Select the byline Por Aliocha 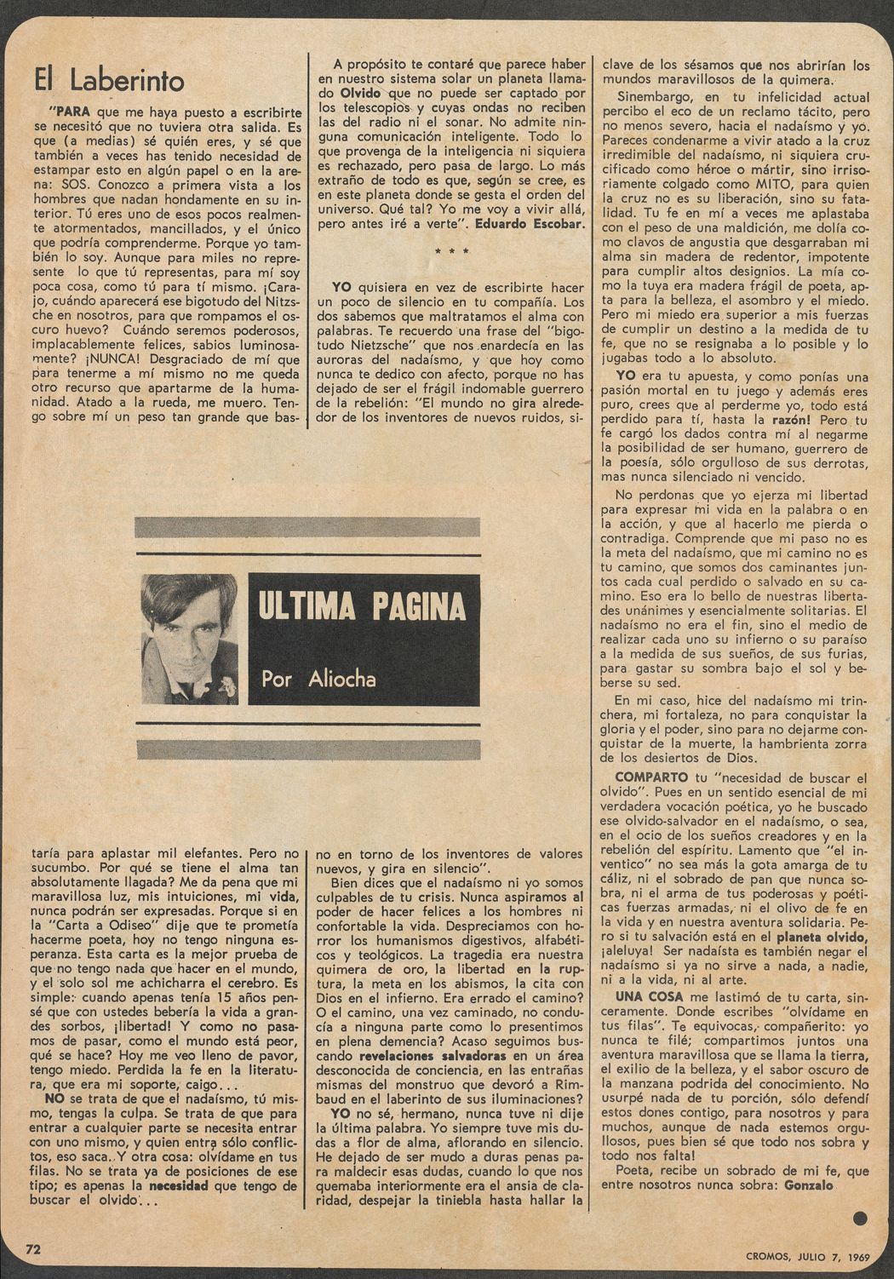click(318, 679)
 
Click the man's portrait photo click(189, 639)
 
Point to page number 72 click(34, 1250)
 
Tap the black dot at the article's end click(860, 1219)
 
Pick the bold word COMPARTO click(650, 777)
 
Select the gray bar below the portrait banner click(307, 749)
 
